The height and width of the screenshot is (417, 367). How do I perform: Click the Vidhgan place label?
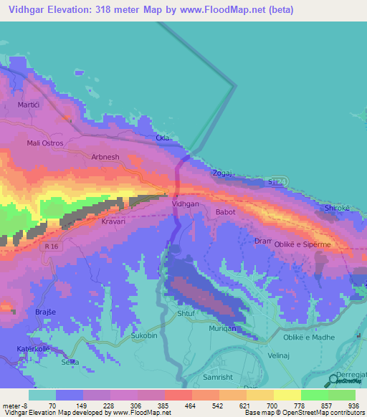click(186, 204)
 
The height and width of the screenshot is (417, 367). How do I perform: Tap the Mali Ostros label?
click(45, 143)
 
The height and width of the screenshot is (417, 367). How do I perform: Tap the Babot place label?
click(225, 212)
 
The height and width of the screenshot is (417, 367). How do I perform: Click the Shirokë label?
click(337, 208)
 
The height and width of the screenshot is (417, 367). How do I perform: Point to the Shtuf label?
click(185, 313)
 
